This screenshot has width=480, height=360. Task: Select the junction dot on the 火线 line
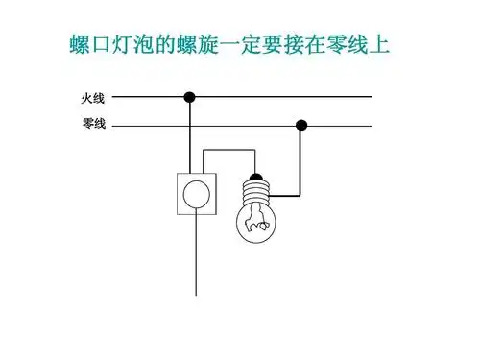click(x=190, y=96)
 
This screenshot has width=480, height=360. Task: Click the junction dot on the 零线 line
click(x=301, y=124)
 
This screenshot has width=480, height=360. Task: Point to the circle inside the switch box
click(x=197, y=193)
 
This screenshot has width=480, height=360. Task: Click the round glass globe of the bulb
click(x=255, y=223)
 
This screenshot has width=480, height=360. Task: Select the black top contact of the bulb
click(x=255, y=178)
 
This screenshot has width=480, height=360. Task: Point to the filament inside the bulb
click(x=255, y=226)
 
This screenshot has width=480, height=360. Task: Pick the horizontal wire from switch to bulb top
click(x=230, y=149)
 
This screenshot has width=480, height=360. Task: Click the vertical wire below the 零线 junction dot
click(x=301, y=158)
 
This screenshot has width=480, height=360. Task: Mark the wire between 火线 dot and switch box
click(x=190, y=134)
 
